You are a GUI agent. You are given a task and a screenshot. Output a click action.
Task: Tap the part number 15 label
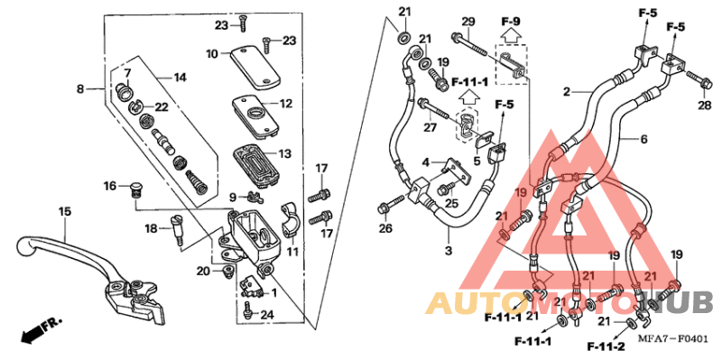[x=65, y=211]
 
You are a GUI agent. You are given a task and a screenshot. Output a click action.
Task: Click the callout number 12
[x=285, y=104]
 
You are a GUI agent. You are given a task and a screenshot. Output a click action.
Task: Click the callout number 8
[x=80, y=89]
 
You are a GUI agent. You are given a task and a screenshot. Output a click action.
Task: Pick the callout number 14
[x=180, y=78]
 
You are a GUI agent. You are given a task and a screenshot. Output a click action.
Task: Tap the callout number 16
[x=109, y=186]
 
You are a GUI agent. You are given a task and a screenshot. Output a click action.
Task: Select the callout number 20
[x=204, y=271]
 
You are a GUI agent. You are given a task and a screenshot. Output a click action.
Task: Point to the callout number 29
[x=467, y=21]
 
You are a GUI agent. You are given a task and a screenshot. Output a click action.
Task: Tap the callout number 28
[x=704, y=106]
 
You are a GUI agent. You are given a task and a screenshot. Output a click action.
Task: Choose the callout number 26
[x=385, y=228]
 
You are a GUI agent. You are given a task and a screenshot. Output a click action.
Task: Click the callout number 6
[x=644, y=140]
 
